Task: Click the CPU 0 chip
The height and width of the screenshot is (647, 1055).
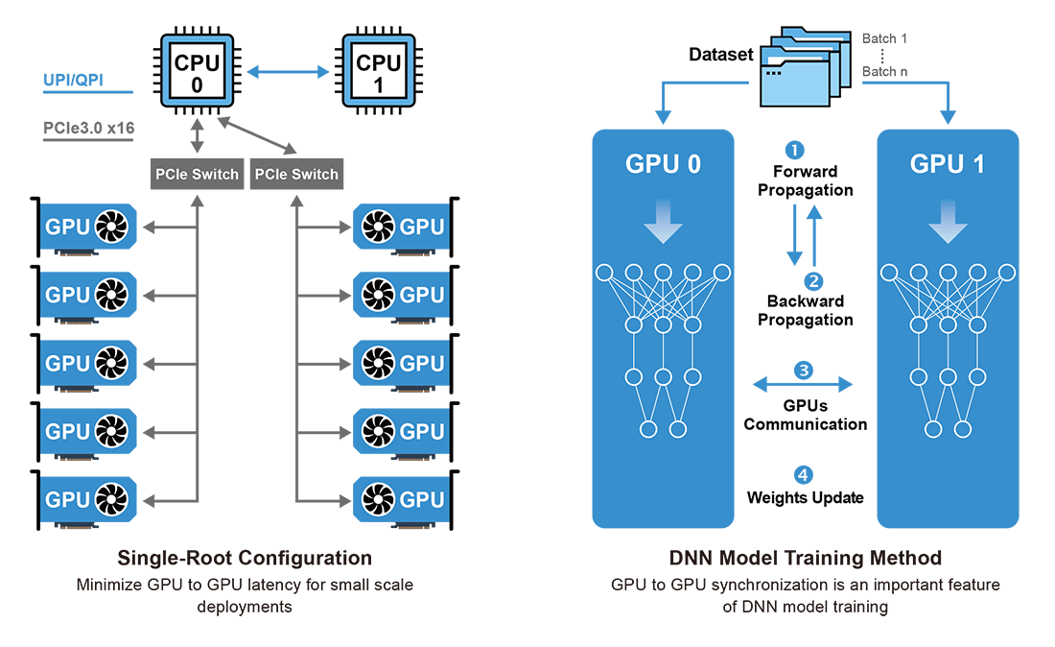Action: [196, 73]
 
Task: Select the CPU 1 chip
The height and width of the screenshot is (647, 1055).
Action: [378, 73]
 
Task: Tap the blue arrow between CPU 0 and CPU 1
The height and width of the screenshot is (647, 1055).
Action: [287, 72]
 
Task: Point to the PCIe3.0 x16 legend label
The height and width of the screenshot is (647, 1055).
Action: [88, 128]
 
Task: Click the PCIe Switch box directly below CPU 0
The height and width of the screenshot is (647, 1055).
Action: [197, 174]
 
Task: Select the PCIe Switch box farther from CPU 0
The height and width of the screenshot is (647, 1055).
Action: [295, 174]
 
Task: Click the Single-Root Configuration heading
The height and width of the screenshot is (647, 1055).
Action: [244, 558]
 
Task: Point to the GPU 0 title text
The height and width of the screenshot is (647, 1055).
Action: [663, 163]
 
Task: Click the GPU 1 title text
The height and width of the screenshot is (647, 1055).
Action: [949, 163]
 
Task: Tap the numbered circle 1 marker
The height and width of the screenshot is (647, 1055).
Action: [794, 150]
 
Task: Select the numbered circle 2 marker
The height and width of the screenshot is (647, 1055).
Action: [813, 281]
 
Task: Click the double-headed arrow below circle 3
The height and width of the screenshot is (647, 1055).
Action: [803, 385]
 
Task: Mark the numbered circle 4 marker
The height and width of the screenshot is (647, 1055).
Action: [804, 474]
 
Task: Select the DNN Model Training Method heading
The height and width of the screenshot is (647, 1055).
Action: [805, 558]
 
